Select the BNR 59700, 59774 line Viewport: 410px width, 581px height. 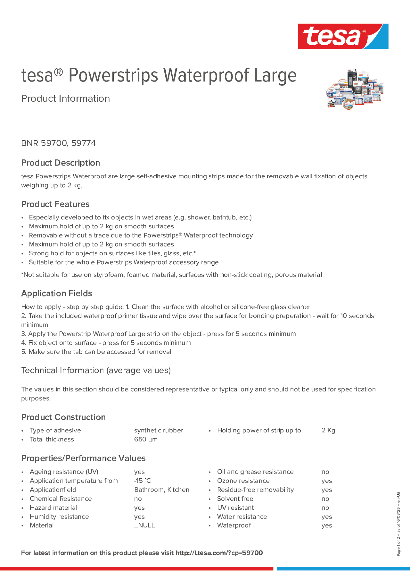point(58,143)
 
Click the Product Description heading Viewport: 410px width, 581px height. point(60,163)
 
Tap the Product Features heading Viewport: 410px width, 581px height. point(55,204)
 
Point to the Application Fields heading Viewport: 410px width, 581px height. point(57,293)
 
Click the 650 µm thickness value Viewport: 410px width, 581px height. point(146,439)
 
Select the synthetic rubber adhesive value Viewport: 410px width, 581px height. point(158,430)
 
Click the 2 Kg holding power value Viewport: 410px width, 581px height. point(328,430)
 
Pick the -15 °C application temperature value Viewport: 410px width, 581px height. point(142,481)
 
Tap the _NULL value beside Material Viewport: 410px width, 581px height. point(144,525)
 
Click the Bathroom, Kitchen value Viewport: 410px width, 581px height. point(161,490)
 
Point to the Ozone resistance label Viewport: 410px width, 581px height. point(243,481)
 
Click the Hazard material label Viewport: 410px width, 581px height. point(53,508)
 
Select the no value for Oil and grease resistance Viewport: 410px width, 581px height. point(325,472)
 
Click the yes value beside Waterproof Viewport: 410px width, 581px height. point(326,526)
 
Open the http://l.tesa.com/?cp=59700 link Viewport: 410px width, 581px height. point(219,553)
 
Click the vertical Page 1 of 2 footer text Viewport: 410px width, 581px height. point(398,524)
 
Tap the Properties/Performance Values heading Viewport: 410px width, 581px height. point(83,458)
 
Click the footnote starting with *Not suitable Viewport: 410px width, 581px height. point(171,275)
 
